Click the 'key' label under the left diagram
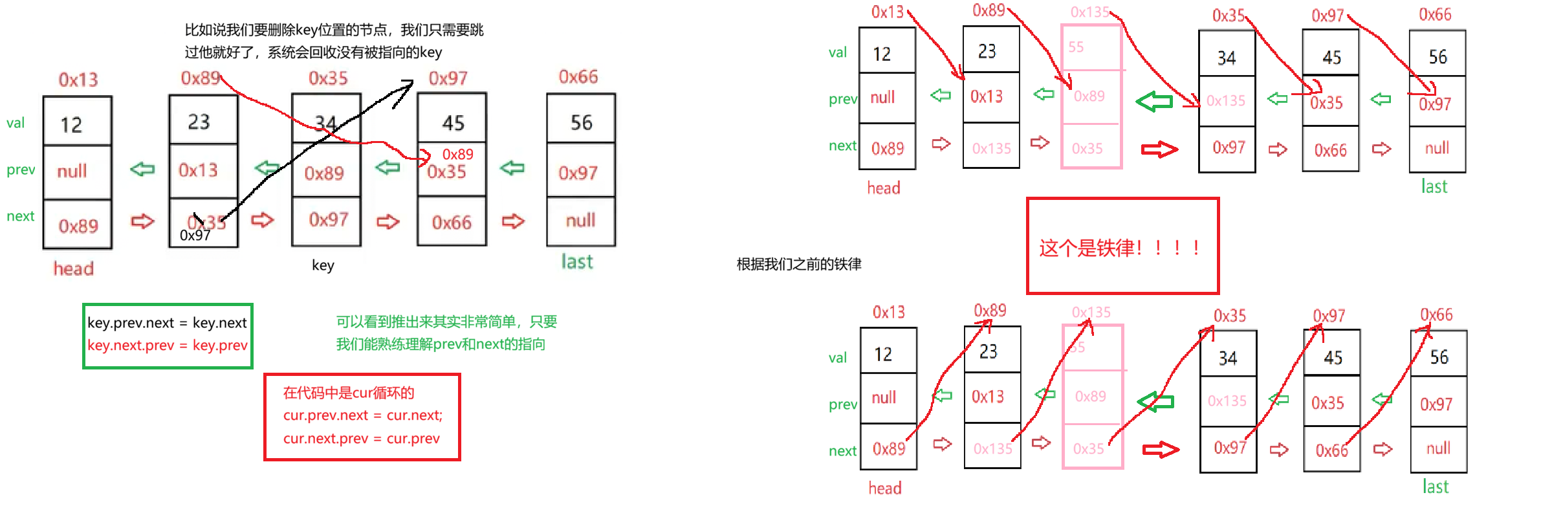coord(323,265)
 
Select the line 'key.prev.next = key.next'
coord(167,323)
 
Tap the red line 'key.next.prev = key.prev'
coord(167,346)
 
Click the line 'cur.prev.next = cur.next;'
coord(362,415)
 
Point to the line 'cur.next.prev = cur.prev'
coord(361,439)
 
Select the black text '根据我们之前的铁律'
coord(799,264)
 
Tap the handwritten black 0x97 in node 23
coord(195,236)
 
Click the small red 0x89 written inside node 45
coord(458,155)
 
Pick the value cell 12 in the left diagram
coord(72,124)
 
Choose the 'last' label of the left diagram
coord(576,262)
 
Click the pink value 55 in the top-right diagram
coord(1076,47)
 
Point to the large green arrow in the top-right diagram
coord(1154,101)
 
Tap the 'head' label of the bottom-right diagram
coord(885,488)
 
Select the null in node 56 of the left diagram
coord(580,221)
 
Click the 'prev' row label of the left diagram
coord(21,170)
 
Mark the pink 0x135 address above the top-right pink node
coord(1089,12)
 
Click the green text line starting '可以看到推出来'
coord(446,322)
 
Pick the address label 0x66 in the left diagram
coord(578,77)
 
